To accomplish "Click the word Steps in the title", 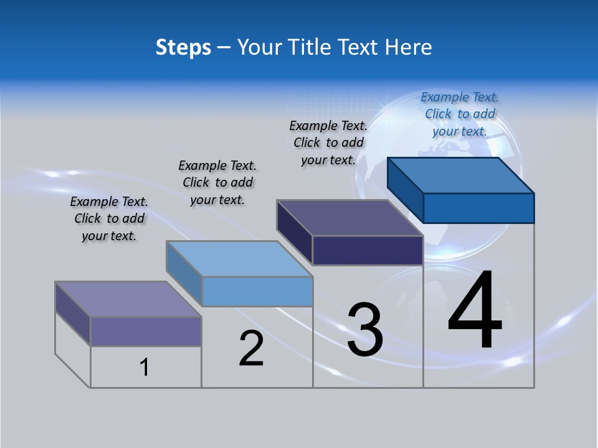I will pos(183,47).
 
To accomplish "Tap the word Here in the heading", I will pos(407,47).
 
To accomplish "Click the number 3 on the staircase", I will pos(364,330).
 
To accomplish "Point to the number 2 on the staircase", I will pos(251,348).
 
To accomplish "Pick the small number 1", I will pos(145,368).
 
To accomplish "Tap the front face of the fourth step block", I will pos(478,208).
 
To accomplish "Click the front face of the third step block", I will pos(368,250).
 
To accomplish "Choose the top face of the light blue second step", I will pos(239,259).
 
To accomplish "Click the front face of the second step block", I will pos(257,291).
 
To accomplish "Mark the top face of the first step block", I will pos(128,299).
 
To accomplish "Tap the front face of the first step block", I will pos(146,331).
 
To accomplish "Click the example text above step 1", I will pos(109,218).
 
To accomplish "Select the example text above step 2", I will pos(217,182).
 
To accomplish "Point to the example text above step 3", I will pos(328,142).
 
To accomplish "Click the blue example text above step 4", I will pos(460,114).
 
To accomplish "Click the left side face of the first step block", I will pos(73,314).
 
